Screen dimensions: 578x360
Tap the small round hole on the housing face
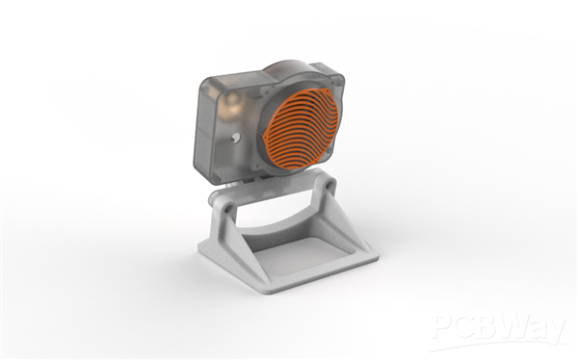coord(235,139)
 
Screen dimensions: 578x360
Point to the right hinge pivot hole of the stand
coord(328,185)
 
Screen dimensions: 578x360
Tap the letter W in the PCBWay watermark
coord(514,326)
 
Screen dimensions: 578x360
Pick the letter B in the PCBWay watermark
coord(484,326)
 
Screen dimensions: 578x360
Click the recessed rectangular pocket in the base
coord(304,255)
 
